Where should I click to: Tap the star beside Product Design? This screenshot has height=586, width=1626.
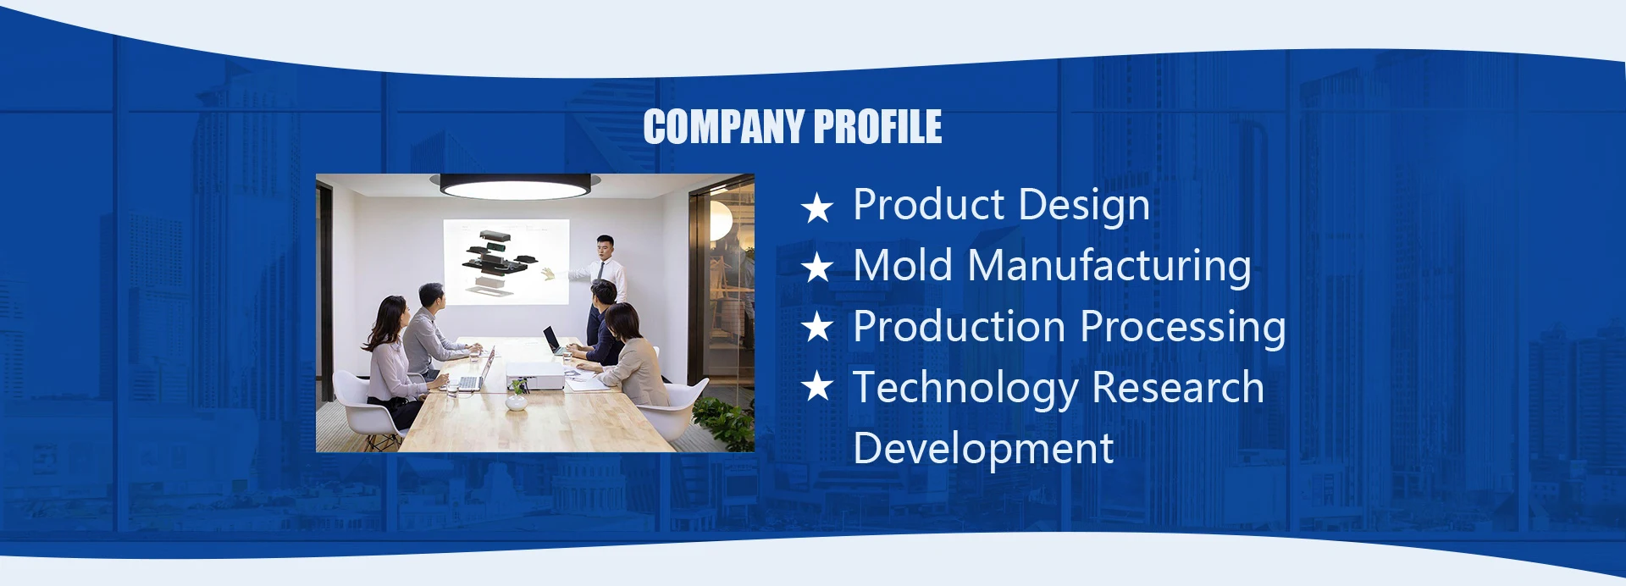click(817, 207)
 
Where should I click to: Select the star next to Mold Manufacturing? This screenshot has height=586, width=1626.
click(817, 268)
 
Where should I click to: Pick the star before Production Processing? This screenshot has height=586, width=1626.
click(817, 328)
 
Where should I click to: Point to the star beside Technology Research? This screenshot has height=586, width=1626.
click(817, 387)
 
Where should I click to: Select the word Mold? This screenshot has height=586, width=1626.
click(904, 265)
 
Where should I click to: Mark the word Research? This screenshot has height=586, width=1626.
click(1178, 388)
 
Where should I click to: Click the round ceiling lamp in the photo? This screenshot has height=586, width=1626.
click(515, 185)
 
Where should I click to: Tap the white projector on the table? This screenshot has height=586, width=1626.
click(534, 373)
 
